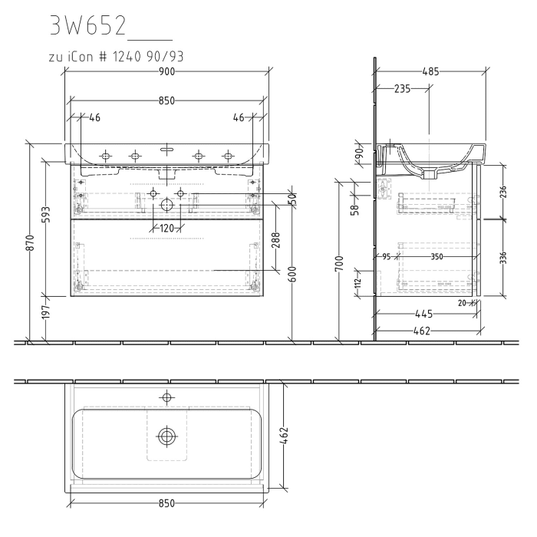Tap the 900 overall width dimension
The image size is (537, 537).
[x=167, y=71]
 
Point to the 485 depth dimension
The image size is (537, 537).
[x=431, y=71]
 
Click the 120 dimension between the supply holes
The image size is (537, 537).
[x=166, y=229]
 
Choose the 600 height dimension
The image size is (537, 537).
[x=293, y=272]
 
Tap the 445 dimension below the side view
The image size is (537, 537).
[x=423, y=313]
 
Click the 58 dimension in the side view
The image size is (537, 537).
[x=355, y=208]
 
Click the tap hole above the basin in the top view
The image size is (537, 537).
[x=166, y=397]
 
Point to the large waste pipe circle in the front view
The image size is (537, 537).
[x=166, y=205]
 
